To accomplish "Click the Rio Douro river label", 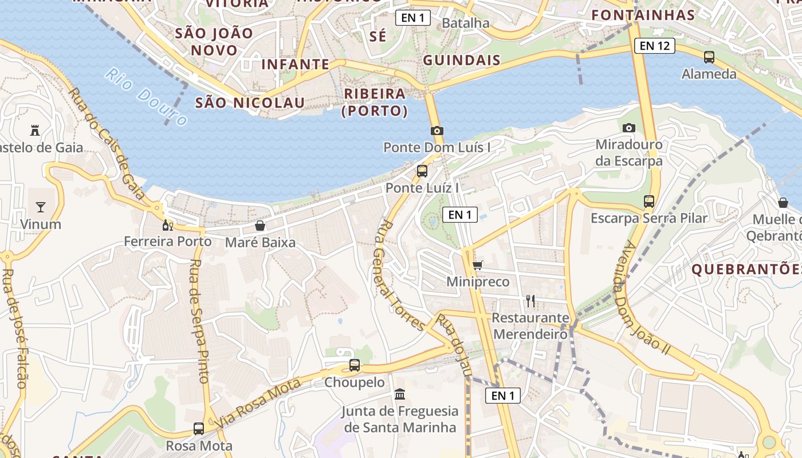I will click(x=146, y=97).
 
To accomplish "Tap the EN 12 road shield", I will click(x=655, y=46).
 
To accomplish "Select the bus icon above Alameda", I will click(x=709, y=57).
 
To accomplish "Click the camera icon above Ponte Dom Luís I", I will click(x=437, y=131).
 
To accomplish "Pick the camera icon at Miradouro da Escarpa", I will click(x=629, y=128).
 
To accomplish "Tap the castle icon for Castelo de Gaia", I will click(x=35, y=130).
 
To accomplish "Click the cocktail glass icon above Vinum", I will click(x=41, y=207).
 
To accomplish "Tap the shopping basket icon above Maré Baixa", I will click(x=260, y=226).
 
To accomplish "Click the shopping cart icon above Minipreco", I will click(x=477, y=265).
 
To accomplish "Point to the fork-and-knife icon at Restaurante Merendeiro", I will click(x=530, y=301).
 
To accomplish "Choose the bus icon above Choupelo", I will click(x=355, y=365).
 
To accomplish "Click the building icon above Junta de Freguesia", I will click(x=400, y=394).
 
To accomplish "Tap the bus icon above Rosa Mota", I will click(x=199, y=428).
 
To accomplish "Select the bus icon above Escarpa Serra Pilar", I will click(x=649, y=202).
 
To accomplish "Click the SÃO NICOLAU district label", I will click(x=250, y=103).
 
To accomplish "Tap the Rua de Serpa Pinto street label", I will click(x=199, y=321).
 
